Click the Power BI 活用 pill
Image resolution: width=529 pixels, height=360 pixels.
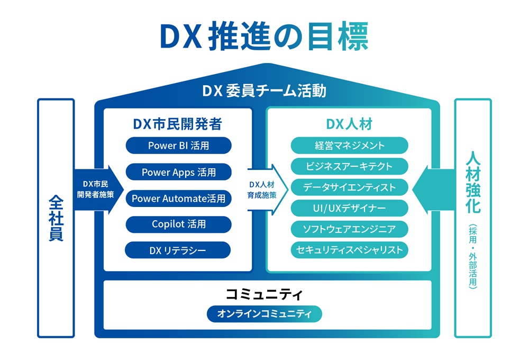178,145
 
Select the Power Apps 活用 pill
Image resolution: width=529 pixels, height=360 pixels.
178,172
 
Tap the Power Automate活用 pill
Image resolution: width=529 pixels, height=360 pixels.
178,199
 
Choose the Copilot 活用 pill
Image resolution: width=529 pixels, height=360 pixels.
178,224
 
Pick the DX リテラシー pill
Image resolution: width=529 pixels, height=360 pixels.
178,250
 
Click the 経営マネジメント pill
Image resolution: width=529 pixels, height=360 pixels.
349,145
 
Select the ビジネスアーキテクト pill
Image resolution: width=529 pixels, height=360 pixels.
349,166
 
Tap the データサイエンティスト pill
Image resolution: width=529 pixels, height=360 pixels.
349,187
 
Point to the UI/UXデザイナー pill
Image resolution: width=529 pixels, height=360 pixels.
349,208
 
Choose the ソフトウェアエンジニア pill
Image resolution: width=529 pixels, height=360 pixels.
349,229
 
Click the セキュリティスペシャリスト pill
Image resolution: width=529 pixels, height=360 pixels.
349,250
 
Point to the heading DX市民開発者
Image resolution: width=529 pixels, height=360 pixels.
177,124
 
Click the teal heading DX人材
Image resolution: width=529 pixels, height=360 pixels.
349,124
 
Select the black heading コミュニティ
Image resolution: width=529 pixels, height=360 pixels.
263,294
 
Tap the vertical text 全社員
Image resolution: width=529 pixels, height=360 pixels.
56,218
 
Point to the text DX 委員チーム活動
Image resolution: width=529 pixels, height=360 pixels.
264,91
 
